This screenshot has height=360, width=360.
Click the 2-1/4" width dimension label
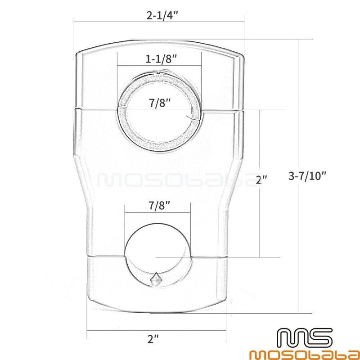pos(162,16)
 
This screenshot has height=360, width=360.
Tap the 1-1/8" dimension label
pos(161,59)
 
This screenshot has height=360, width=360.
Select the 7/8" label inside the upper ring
pos(160,103)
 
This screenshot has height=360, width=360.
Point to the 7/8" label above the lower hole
pos(160,205)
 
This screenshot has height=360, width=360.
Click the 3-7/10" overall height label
pos(307,176)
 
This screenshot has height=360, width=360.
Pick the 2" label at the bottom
pos(153,339)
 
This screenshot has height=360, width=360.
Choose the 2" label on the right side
pos(262,180)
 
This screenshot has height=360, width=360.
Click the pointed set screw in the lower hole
pos(156,279)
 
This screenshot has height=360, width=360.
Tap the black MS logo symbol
pos(305,338)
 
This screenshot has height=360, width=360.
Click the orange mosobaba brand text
pos(305,354)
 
